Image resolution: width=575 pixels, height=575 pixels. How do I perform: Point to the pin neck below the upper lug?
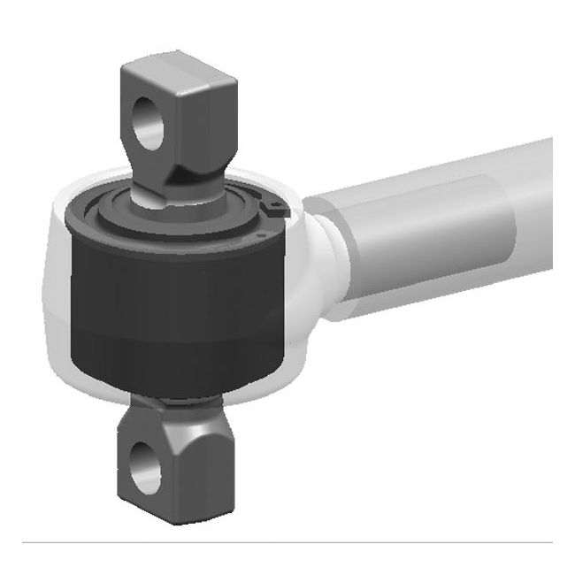pyautogui.click(x=168, y=196)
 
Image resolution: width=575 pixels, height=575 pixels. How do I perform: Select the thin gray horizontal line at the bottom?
pyautogui.click(x=287, y=541)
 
